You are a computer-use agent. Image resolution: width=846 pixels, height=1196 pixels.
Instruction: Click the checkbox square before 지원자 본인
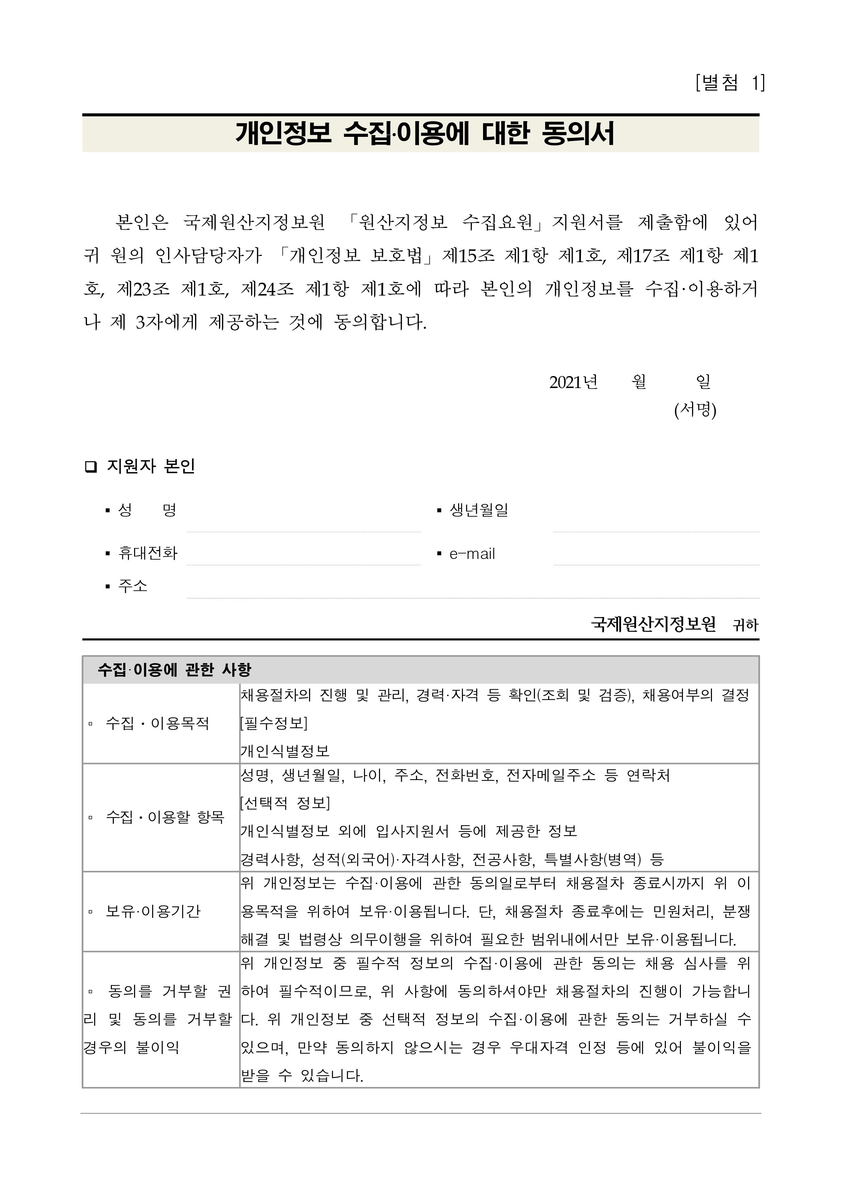point(91,466)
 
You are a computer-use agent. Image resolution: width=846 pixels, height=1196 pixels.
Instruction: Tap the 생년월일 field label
point(479,510)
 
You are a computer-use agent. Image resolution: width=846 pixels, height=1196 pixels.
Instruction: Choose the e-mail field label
point(472,554)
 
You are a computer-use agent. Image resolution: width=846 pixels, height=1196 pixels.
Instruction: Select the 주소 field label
point(133,586)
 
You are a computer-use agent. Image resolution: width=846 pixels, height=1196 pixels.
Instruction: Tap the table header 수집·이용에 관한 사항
point(175,669)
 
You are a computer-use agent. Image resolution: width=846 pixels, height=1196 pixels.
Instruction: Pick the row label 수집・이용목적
point(157,723)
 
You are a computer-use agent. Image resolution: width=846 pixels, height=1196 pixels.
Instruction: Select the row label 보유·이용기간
point(152,911)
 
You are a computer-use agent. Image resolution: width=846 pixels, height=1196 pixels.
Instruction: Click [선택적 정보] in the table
point(285,803)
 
